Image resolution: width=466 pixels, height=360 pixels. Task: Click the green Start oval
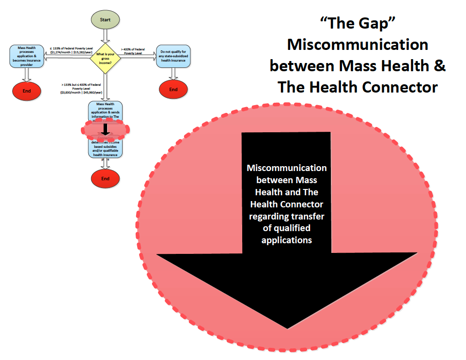pos(105,20)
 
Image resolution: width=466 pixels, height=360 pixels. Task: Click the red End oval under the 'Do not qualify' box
pos(173,89)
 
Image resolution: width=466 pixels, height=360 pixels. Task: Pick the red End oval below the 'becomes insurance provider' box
pos(27,91)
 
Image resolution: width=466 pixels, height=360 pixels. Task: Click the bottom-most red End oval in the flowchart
pos(105,178)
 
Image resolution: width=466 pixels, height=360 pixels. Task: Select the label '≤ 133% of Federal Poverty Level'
pos(71,50)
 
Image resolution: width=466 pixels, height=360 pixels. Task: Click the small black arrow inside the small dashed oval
pos(105,128)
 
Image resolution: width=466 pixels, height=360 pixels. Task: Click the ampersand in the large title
pos(439,66)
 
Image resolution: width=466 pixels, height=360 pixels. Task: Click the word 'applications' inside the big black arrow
pos(286,240)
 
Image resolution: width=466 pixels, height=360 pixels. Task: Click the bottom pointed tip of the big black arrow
pos(287,328)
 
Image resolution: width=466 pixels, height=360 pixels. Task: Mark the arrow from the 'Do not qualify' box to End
pos(173,72)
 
